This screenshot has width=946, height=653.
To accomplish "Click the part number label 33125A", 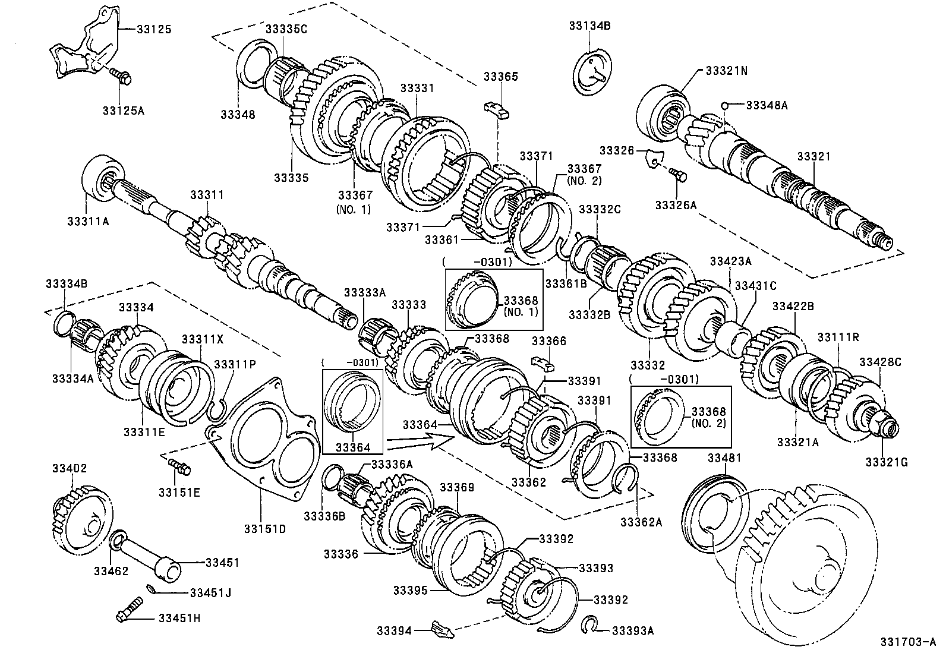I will (123, 111).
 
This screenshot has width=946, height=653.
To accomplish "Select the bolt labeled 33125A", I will (122, 75).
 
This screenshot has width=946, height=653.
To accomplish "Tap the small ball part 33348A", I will (724, 106).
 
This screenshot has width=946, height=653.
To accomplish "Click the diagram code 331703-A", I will (907, 642).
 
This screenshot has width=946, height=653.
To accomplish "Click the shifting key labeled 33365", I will (498, 110).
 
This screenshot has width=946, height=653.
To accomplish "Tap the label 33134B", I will (589, 26).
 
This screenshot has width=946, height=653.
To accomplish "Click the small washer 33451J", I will (152, 589).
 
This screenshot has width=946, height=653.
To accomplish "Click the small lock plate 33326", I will (653, 159).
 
